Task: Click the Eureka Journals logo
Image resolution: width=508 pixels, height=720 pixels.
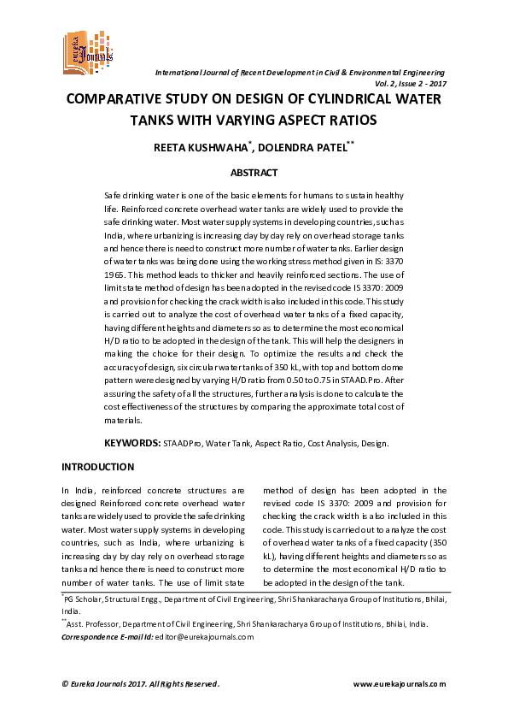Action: (x=86, y=50)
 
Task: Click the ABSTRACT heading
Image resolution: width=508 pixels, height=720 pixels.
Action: (x=254, y=173)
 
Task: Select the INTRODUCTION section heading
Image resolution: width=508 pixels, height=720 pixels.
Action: (x=98, y=467)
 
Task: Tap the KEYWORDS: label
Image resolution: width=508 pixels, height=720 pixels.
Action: (x=131, y=444)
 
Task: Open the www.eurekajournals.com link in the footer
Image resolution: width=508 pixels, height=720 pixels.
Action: (x=399, y=683)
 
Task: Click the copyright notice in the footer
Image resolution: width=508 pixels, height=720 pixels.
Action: (x=141, y=683)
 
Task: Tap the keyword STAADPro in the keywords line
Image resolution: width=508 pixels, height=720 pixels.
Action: (x=184, y=444)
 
